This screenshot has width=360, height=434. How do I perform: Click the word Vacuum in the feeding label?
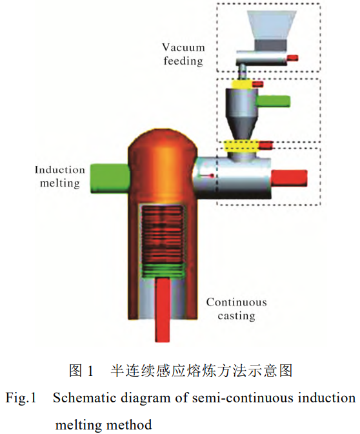coord(183,47)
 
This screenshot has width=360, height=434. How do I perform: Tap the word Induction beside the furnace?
coord(60,170)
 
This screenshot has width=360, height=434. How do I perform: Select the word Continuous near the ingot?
coord(236,302)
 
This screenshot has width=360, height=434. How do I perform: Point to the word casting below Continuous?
coord(236,316)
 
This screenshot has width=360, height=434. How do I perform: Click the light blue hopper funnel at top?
coord(272,25)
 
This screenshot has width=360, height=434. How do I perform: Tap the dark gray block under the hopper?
coord(271,45)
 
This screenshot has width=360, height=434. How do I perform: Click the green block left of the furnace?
coord(110,178)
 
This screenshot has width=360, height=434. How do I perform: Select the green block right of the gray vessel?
coord(273,101)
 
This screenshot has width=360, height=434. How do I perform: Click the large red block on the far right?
coord(288,178)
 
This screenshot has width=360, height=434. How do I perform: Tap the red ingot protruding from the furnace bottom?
coord(163,309)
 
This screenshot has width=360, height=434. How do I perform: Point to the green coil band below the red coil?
coord(163,270)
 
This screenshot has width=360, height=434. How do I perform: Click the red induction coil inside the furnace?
coord(163,234)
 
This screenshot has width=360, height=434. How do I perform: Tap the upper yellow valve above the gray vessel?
coord(241,85)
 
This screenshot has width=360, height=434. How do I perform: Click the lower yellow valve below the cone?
coord(241,145)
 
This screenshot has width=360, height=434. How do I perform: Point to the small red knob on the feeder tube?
coord(292,57)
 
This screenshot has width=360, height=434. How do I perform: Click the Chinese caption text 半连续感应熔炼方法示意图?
coord(201,370)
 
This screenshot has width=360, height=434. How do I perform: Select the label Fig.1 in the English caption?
coord(21,398)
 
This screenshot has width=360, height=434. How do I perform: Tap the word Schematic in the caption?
coord(85,398)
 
